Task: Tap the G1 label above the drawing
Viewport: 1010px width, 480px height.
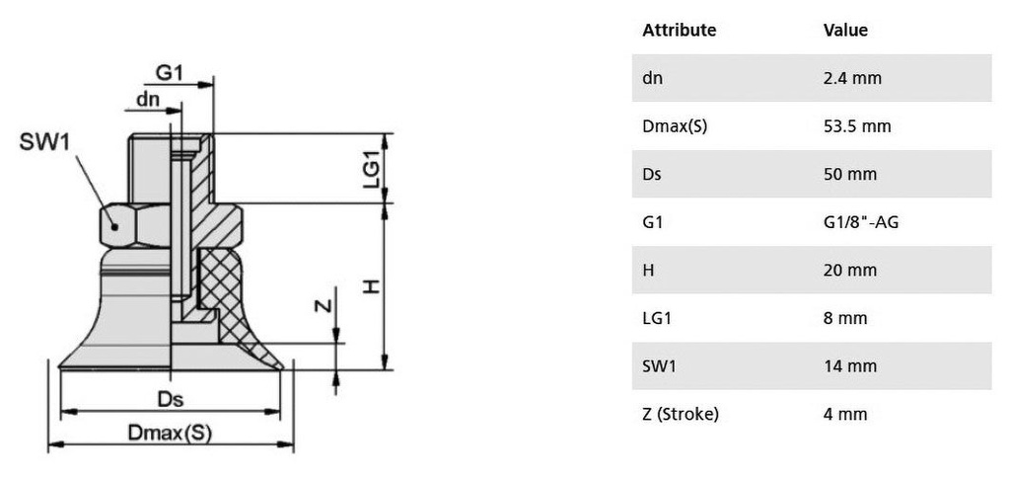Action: click(x=170, y=74)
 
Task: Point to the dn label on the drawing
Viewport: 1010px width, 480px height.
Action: click(x=148, y=99)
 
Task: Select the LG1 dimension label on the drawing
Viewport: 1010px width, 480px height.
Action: click(x=371, y=169)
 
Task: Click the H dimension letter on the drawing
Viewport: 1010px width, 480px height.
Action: click(x=370, y=285)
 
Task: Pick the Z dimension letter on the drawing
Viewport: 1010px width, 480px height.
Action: click(x=322, y=305)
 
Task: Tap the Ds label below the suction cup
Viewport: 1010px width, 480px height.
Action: click(x=172, y=400)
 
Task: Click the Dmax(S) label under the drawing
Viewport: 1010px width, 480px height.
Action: click(x=170, y=433)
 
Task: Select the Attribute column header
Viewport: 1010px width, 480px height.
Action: click(x=679, y=31)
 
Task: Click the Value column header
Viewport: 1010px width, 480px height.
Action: click(x=845, y=31)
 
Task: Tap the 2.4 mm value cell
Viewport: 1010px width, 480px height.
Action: click(x=852, y=78)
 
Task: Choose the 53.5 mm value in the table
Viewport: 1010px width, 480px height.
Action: click(x=856, y=126)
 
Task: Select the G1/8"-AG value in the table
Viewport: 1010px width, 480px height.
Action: click(x=860, y=222)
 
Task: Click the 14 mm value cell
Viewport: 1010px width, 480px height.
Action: click(x=849, y=366)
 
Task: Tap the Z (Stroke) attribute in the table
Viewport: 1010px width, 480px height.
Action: click(x=681, y=414)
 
